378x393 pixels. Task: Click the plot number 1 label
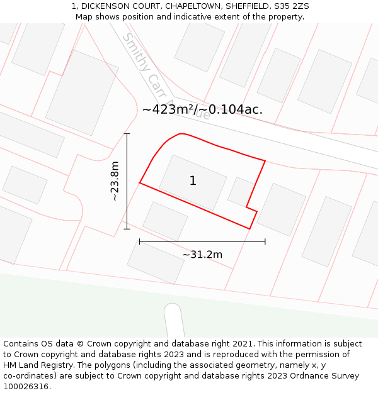[193, 181]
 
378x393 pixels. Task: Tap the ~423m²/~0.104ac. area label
[202, 109]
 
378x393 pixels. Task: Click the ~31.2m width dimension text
[202, 255]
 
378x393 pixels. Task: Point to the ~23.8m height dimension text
[115, 181]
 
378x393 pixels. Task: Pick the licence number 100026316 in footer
[26, 387]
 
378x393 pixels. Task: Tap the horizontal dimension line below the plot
[202, 241]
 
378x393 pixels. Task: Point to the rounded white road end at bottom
[173, 318]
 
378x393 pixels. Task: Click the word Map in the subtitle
[84, 17]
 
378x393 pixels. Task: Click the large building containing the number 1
[192, 182]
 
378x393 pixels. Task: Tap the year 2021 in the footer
[243, 344]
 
